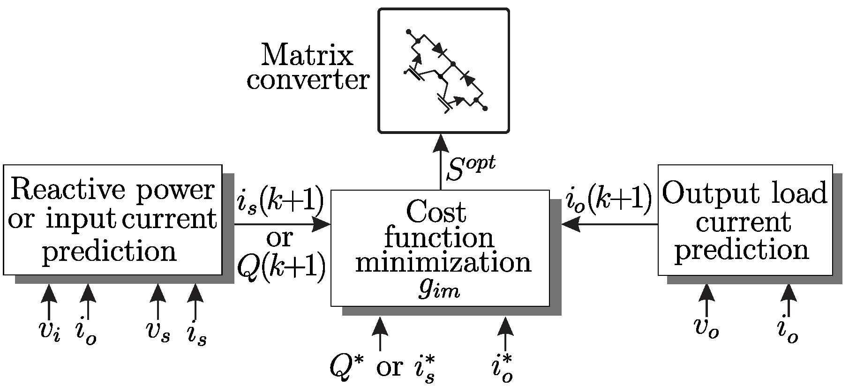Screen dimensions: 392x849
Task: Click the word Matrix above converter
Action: [307, 56]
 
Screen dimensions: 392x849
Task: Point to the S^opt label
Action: [470, 169]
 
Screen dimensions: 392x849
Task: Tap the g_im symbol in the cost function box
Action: [440, 290]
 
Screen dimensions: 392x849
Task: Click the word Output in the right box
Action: [704, 192]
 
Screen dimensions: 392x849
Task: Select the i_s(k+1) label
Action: [280, 201]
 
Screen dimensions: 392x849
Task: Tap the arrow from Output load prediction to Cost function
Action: [609, 224]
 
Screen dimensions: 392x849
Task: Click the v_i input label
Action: [49, 332]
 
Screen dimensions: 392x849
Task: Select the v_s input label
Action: [157, 332]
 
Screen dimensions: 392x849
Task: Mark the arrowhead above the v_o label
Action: [706, 294]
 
